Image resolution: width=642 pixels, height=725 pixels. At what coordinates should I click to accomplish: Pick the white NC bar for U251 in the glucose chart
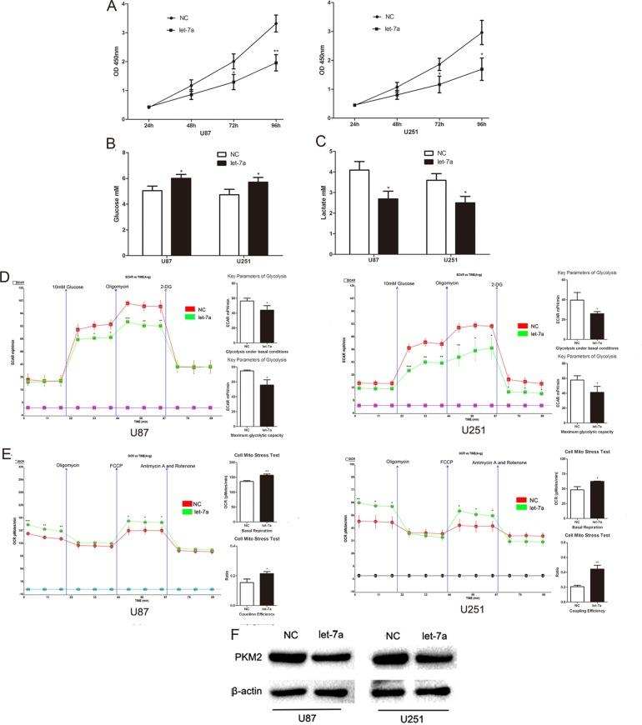tap(229, 208)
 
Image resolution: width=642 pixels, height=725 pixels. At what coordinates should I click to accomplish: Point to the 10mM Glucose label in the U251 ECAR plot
tap(399, 284)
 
